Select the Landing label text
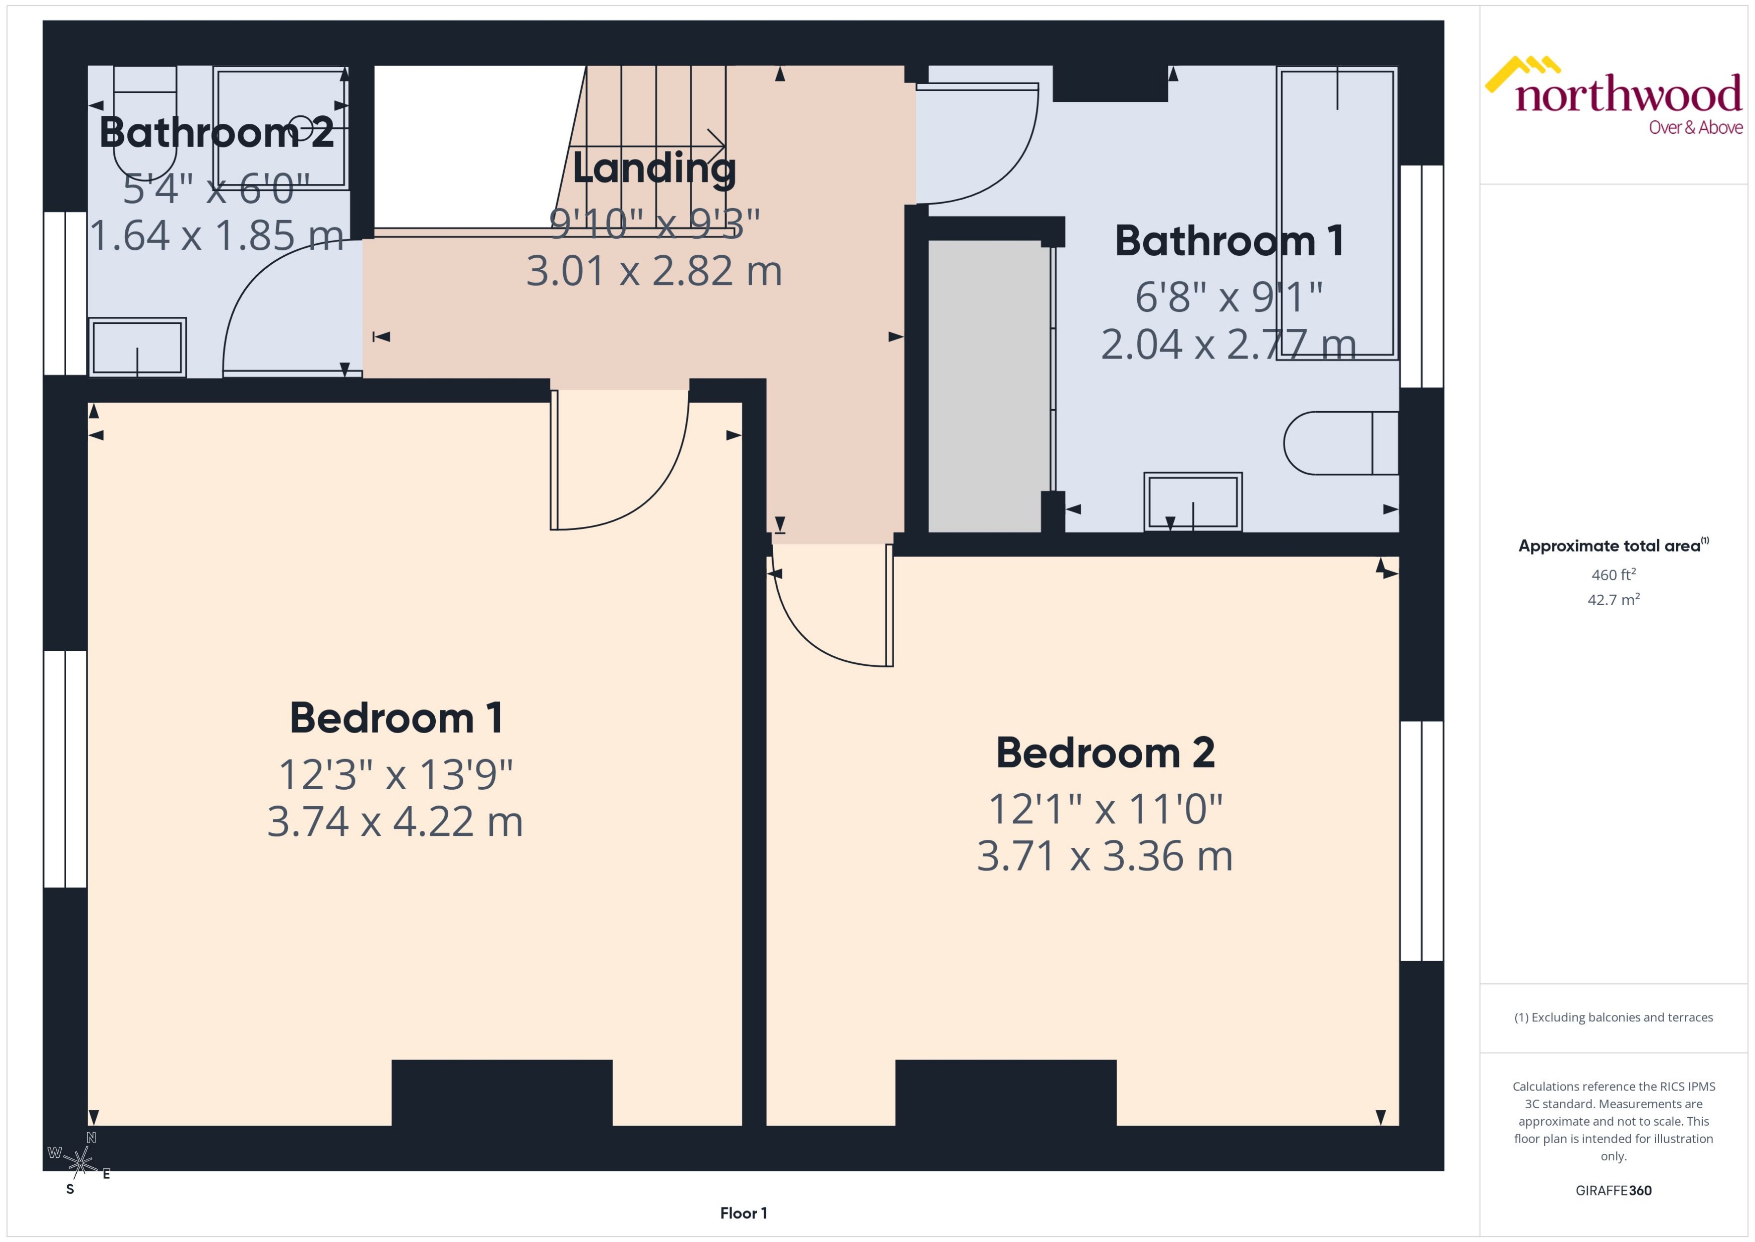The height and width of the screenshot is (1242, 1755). tap(654, 168)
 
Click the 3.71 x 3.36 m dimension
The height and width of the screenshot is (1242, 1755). tap(1104, 856)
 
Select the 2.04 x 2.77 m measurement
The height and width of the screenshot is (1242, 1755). tap(1228, 344)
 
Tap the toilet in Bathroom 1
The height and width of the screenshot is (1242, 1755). tap(1340, 444)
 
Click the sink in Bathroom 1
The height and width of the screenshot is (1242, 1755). tap(1192, 502)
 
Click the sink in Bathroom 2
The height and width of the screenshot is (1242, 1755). tap(138, 347)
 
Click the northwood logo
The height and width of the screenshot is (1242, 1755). tap(1614, 96)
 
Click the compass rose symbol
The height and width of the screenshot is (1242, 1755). tap(79, 1162)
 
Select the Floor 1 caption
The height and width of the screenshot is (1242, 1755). tap(743, 1213)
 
